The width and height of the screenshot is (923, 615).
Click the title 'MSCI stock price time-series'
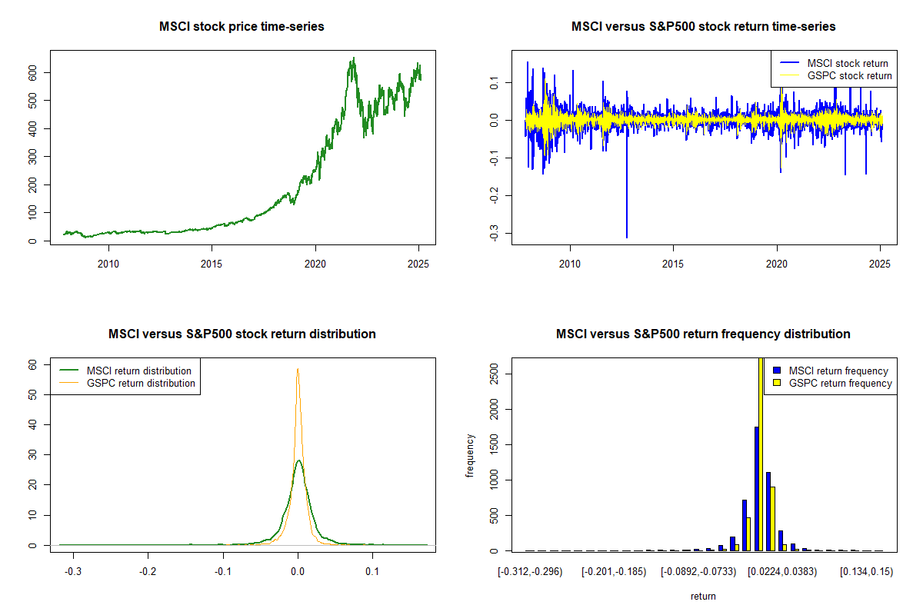(x=242, y=27)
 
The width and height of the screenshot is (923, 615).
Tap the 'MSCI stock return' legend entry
(x=847, y=63)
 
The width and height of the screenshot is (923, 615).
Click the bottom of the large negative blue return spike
(x=627, y=237)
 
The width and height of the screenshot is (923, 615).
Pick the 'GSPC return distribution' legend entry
(x=141, y=383)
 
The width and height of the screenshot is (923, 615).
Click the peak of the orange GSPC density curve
(x=298, y=369)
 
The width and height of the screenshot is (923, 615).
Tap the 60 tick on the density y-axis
(x=33, y=365)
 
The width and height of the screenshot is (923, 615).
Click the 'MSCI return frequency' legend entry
(x=838, y=371)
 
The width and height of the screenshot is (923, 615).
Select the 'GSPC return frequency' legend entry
(x=838, y=383)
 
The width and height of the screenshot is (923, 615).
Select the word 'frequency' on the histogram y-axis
(x=470, y=456)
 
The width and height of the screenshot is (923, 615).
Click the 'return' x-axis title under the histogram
(x=703, y=597)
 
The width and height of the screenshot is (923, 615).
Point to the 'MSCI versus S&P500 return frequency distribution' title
(x=703, y=334)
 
